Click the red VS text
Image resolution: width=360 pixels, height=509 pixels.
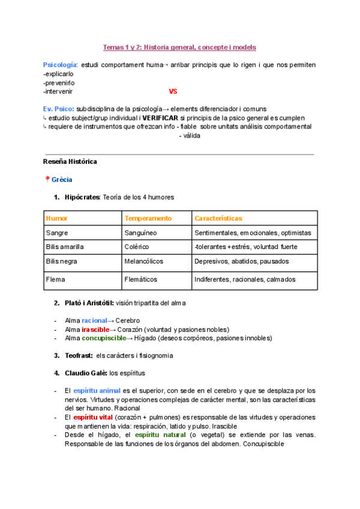(173, 92)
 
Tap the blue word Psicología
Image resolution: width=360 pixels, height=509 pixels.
(59, 65)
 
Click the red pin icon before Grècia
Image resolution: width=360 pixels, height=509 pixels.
(47, 179)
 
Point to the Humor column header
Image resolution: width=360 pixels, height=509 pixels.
(56, 218)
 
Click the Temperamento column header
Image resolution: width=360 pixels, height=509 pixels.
(148, 218)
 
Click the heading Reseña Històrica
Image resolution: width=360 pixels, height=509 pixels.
(70, 162)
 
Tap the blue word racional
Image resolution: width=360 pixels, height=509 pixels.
(95, 321)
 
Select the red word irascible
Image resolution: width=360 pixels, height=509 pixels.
(95, 330)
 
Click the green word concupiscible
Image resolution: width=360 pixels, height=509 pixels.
(104, 338)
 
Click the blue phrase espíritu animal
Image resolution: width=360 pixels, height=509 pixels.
(97, 391)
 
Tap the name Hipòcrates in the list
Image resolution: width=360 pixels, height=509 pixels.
(83, 197)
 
